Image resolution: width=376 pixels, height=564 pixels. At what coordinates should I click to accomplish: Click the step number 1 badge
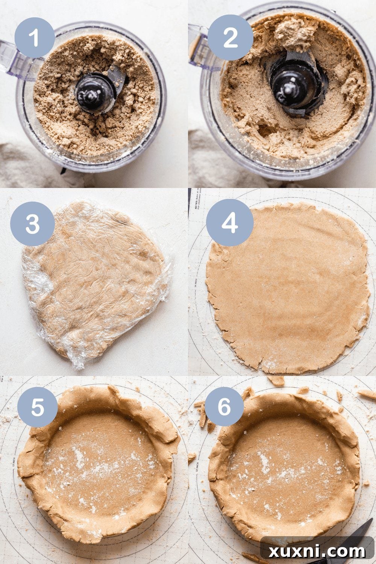[x=35, y=38]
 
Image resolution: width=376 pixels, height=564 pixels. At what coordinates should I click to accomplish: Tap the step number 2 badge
[x=230, y=38]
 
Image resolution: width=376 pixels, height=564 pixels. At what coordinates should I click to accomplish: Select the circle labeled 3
[x=32, y=224]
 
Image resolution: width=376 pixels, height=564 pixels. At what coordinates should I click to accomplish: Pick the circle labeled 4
[x=229, y=223]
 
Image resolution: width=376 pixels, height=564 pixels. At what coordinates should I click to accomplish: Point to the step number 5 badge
[x=38, y=407]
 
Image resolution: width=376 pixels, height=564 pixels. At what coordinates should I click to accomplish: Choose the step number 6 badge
[x=224, y=407]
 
